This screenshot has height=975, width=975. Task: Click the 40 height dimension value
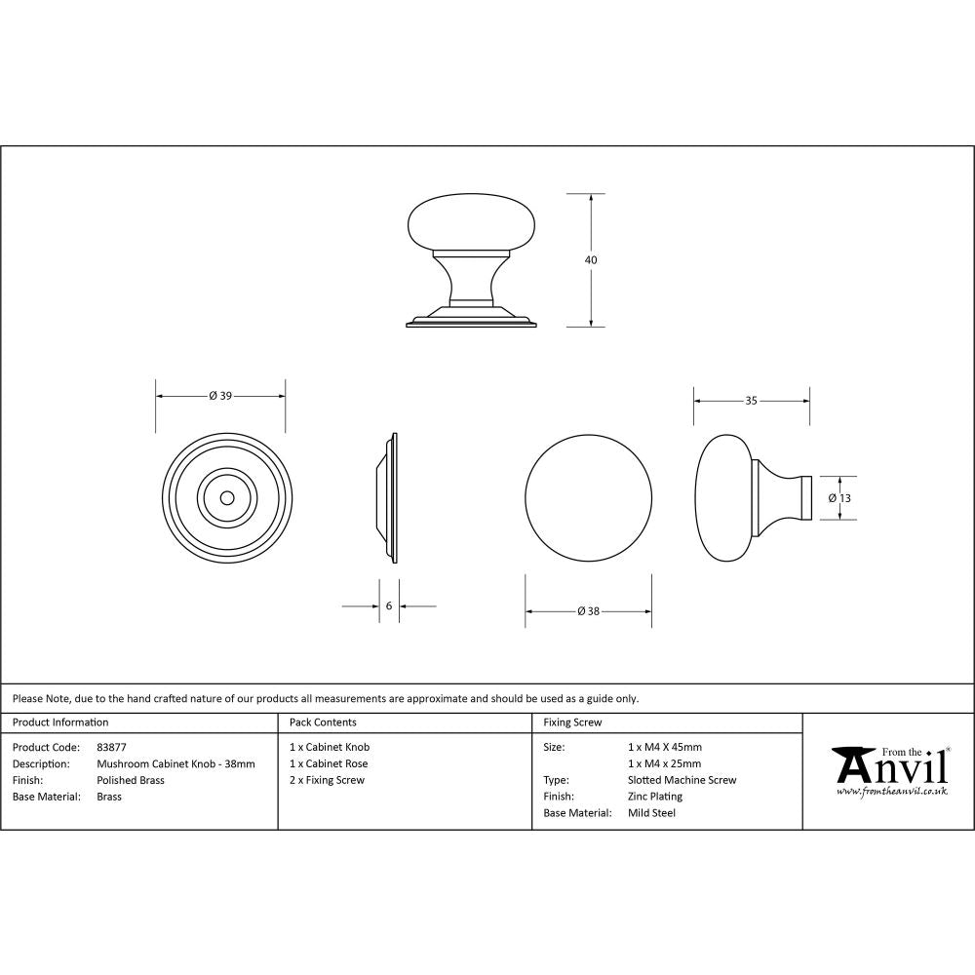591,260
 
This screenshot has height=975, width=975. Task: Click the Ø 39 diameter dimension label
220,395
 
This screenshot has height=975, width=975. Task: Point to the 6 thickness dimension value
389,605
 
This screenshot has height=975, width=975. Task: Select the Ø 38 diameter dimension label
588,611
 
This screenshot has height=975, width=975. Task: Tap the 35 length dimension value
751,400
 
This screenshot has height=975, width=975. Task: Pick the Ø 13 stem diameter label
840,497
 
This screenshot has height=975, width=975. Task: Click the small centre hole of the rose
227,497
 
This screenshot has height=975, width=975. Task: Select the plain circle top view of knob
588,497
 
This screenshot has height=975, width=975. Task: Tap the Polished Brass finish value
131,780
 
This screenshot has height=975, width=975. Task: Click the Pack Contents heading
323,722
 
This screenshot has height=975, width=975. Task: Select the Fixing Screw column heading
572,722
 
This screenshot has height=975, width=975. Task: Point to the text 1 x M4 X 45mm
665,747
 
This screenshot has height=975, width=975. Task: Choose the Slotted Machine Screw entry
682,780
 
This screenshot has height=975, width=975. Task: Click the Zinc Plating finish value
655,797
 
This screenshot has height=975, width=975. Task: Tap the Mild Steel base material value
652,813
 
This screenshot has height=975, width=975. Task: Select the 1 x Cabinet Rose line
329,763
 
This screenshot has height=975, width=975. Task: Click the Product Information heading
60,722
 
